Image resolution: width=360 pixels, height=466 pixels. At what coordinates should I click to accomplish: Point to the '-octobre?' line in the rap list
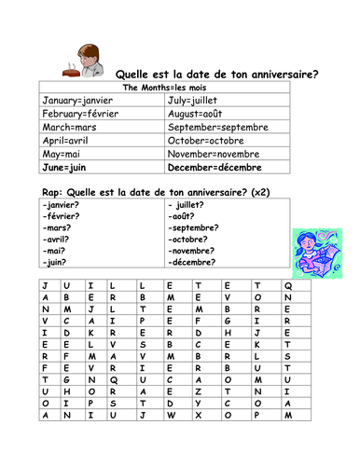[192, 239]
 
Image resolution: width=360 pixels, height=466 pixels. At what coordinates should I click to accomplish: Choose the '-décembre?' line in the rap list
[197, 262]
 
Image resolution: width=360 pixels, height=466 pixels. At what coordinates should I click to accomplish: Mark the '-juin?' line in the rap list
[55, 262]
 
